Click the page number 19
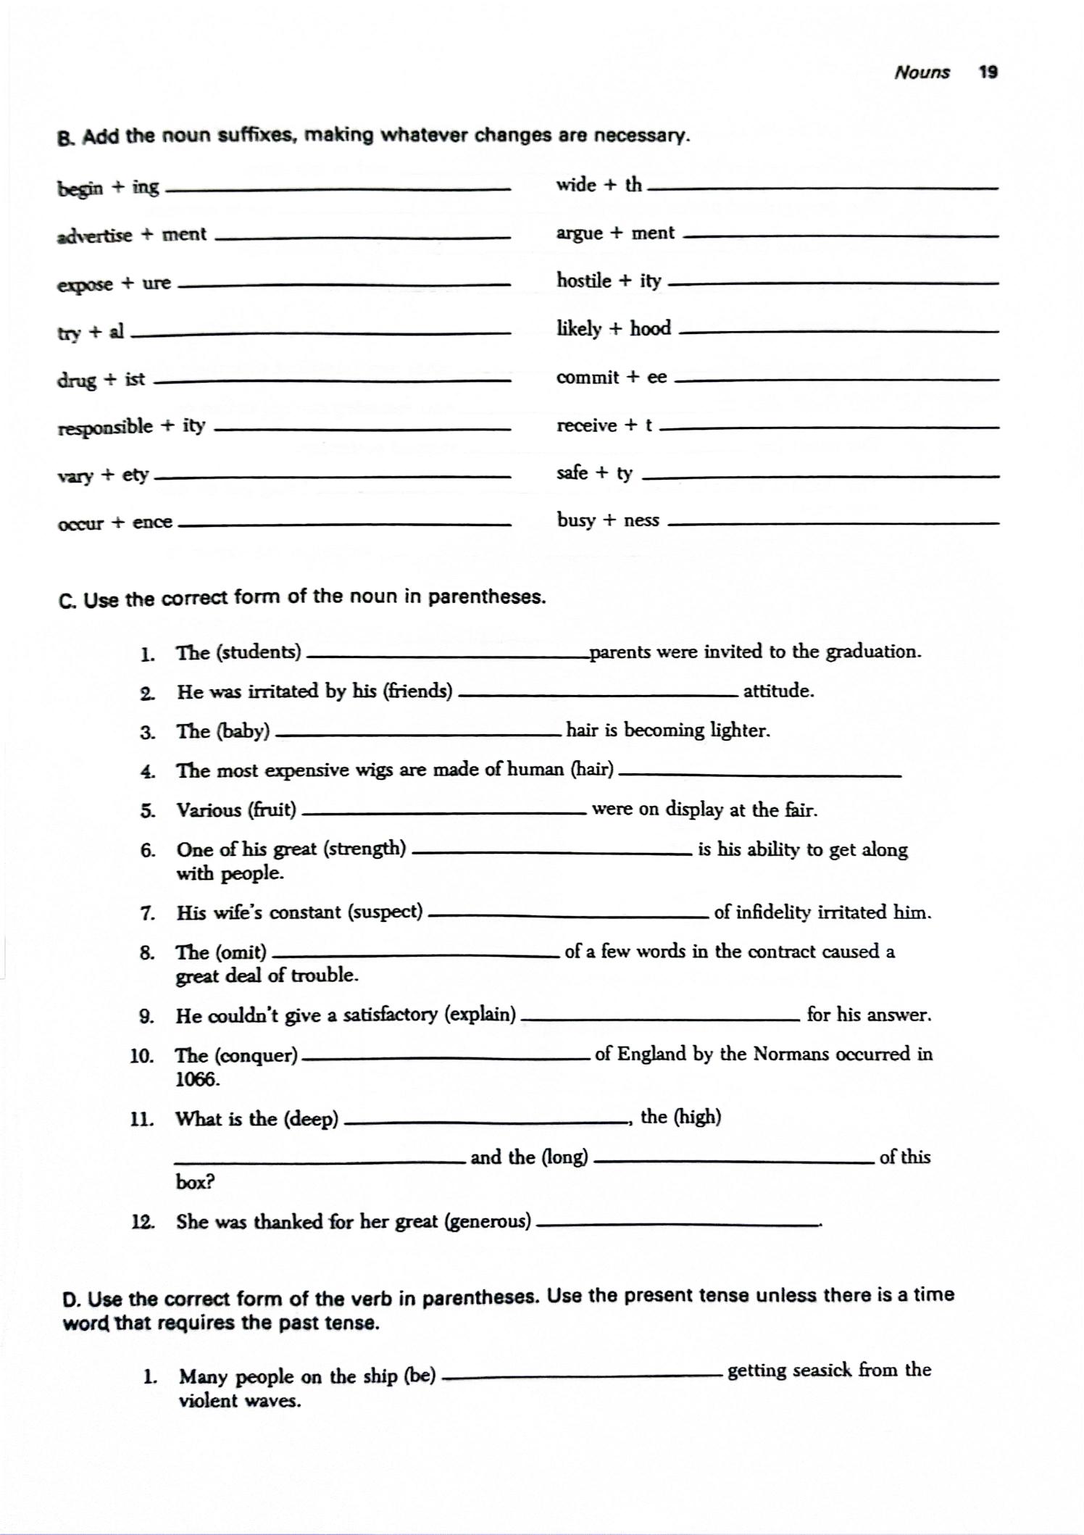988,72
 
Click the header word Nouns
922,72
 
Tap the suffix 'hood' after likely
650,329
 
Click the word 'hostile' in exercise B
583,280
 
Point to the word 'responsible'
105,427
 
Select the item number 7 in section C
148,913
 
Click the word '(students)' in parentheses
259,652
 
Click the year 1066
197,1080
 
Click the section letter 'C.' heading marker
67,601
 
